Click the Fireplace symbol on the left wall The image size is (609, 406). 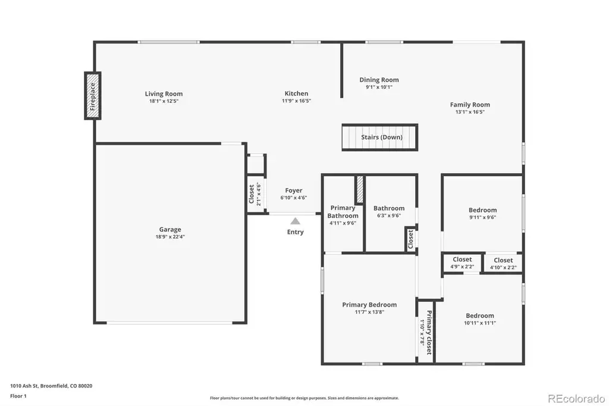click(x=93, y=96)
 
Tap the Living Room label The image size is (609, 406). click(x=164, y=93)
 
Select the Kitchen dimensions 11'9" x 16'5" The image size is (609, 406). click(x=296, y=101)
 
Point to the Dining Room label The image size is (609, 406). click(x=379, y=80)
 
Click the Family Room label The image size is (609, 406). click(x=470, y=105)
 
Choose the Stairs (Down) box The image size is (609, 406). click(x=380, y=138)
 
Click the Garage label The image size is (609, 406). click(x=170, y=229)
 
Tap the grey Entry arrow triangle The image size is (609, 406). click(x=295, y=221)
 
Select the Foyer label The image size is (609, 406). click(x=294, y=190)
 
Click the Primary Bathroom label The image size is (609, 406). click(x=343, y=212)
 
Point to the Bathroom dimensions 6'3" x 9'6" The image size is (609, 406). click(x=389, y=216)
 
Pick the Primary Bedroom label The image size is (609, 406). click(x=369, y=305)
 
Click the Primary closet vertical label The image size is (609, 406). click(x=429, y=333)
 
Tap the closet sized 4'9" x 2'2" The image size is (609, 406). click(x=462, y=263)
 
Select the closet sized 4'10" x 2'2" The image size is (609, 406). click(x=503, y=263)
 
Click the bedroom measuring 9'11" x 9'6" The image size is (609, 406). click(x=482, y=214)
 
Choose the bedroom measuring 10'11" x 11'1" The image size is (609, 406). click(x=480, y=319)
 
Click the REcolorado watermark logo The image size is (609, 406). click(x=576, y=399)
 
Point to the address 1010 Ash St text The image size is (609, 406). click(x=24, y=386)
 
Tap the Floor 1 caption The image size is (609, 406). click(x=18, y=396)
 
